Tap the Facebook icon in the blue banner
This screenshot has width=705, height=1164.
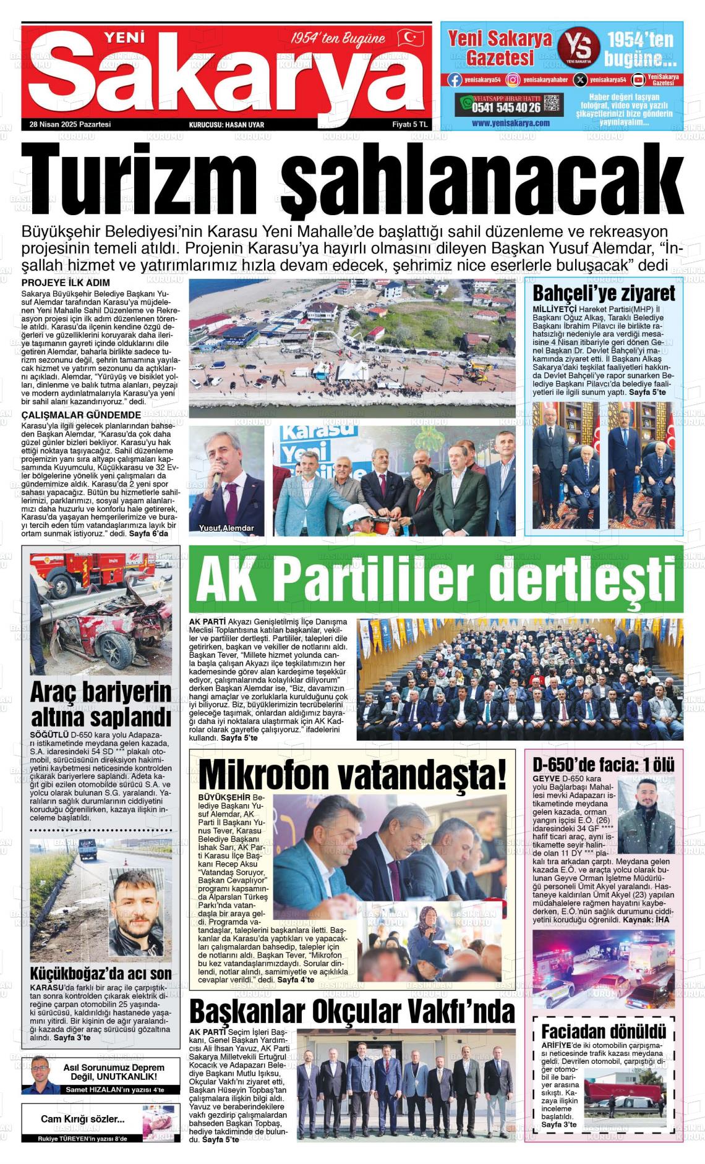pyautogui.click(x=455, y=79)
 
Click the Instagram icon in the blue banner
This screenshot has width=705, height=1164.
pyautogui.click(x=513, y=79)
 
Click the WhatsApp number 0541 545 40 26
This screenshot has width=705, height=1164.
pyautogui.click(x=506, y=108)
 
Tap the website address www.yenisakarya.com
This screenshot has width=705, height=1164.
pyautogui.click(x=510, y=123)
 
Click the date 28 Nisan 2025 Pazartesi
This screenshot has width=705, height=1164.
pyautogui.click(x=70, y=124)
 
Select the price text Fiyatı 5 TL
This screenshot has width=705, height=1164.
pyautogui.click(x=410, y=124)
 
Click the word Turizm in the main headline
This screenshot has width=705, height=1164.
pyautogui.click(x=139, y=176)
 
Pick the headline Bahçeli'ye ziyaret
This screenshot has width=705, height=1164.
pyautogui.click(x=604, y=292)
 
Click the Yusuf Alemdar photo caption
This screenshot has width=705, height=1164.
pyautogui.click(x=223, y=529)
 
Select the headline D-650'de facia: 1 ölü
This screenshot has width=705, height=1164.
pyautogui.click(x=604, y=765)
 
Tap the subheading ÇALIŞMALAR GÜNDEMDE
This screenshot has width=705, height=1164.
pyautogui.click(x=81, y=415)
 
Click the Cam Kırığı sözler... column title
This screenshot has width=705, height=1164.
pyautogui.click(x=83, y=1119)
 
